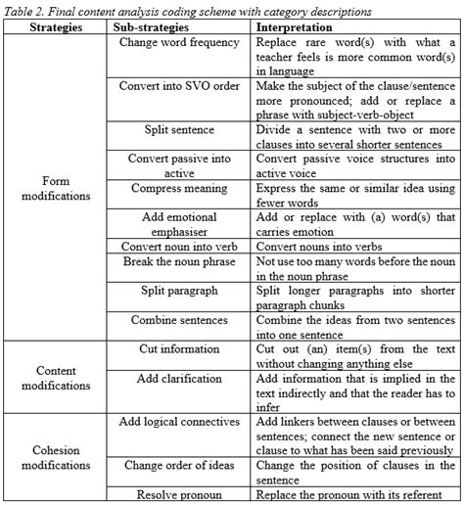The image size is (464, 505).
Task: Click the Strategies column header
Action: [55, 28]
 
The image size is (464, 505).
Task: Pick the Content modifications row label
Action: [55, 379]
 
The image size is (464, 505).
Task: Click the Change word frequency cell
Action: [179, 43]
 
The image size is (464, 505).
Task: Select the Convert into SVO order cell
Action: [179, 85]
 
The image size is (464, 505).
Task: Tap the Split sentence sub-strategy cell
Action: [179, 128]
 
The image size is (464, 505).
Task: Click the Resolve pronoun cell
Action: [179, 494]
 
